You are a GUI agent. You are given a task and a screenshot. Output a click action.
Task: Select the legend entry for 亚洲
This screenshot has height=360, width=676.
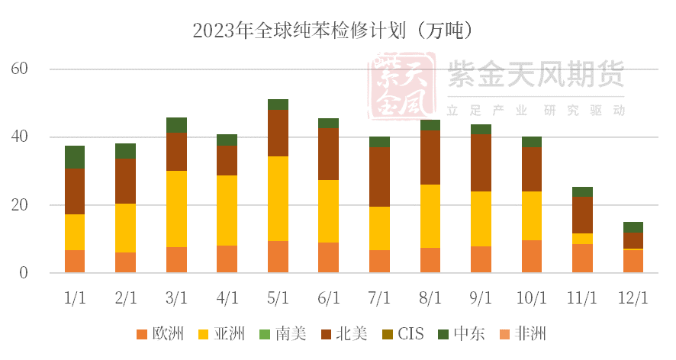tap(221, 334)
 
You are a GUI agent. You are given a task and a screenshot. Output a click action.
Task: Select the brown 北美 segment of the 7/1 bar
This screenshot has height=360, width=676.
tap(379, 177)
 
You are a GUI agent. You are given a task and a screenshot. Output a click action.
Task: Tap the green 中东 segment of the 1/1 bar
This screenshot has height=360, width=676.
tap(75, 157)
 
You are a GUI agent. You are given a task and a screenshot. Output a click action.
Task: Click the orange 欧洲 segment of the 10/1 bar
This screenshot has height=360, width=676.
tap(532, 256)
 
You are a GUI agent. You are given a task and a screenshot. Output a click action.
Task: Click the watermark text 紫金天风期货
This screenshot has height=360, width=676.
tap(537, 74)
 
